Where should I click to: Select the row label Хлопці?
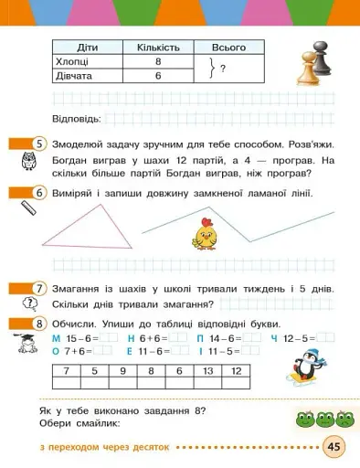click(77, 63)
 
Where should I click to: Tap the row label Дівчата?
click(78, 78)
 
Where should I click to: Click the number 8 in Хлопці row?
click(157, 63)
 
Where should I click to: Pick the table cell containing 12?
click(237, 371)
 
